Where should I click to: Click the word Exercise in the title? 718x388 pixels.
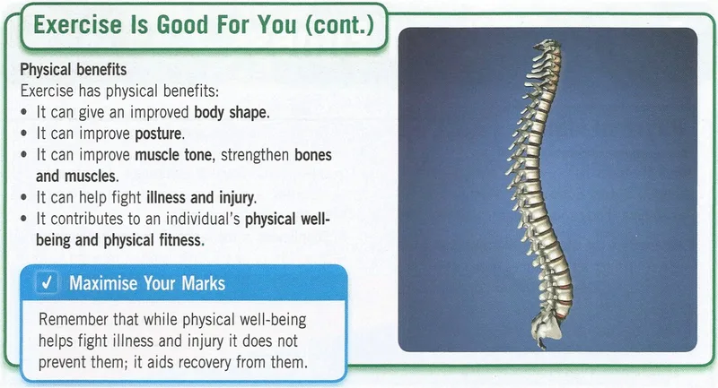click(78, 25)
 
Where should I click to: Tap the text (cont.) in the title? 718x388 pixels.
click(340, 25)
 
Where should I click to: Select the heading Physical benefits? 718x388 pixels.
click(74, 70)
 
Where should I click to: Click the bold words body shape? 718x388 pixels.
click(232, 112)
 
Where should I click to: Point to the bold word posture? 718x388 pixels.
click(159, 134)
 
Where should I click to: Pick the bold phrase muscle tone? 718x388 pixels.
click(174, 155)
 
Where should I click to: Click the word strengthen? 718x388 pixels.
click(255, 155)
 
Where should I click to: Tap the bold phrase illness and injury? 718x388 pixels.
click(201, 197)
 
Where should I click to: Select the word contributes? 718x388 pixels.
click(87, 219)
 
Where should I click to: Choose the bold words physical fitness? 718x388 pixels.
click(153, 240)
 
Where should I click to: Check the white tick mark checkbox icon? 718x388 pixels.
click(48, 282)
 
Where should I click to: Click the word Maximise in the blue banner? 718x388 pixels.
click(103, 283)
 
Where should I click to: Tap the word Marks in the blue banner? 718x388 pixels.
click(204, 283)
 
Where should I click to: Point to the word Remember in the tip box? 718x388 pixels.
click(74, 319)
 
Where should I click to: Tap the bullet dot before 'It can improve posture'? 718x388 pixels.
click(24, 134)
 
